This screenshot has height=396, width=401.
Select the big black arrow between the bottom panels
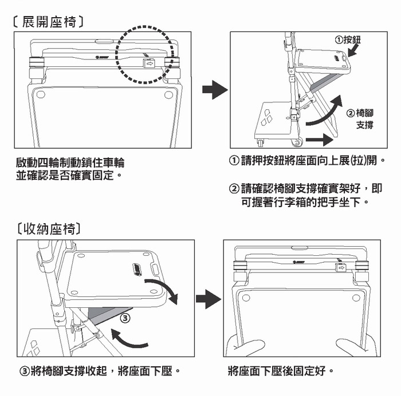[208, 299]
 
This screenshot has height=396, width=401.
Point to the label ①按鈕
[348, 39]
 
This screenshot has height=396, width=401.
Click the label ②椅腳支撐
[361, 119]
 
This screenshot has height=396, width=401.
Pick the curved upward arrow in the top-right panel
[325, 113]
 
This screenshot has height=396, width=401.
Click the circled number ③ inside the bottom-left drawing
[127, 316]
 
